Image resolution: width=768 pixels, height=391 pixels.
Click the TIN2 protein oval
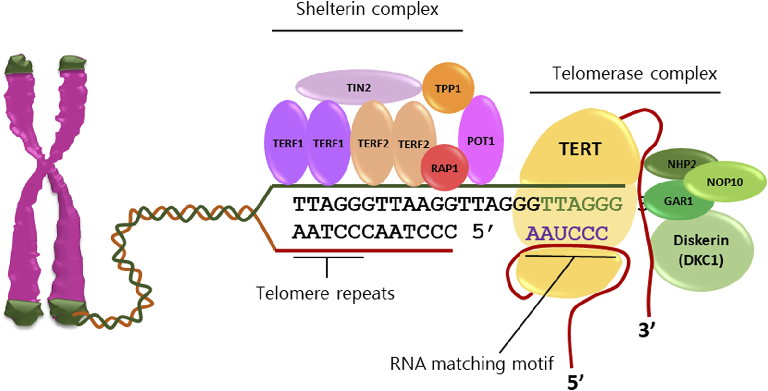[x=358, y=87]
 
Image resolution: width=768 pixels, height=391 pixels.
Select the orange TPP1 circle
[x=448, y=88]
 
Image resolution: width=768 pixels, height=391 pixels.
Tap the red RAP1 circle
[x=444, y=168]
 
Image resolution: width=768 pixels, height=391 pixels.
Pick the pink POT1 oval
[x=481, y=140]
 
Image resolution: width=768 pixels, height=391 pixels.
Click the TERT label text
[x=580, y=149]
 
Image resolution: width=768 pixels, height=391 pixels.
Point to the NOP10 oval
[x=725, y=182]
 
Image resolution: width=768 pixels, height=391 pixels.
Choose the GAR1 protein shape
[x=678, y=201]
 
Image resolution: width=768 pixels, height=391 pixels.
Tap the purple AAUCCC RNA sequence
[x=567, y=233]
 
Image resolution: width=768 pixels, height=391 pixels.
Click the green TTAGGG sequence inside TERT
[x=582, y=205]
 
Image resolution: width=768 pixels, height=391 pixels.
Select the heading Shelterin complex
[x=367, y=10]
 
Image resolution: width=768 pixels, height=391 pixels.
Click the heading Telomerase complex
[x=634, y=74]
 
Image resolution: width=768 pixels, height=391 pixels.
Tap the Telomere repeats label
[x=325, y=293]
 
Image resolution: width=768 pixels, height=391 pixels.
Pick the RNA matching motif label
[x=471, y=364]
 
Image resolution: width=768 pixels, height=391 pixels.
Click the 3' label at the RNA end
[x=646, y=330]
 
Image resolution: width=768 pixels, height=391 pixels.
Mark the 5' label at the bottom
[x=575, y=382]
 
